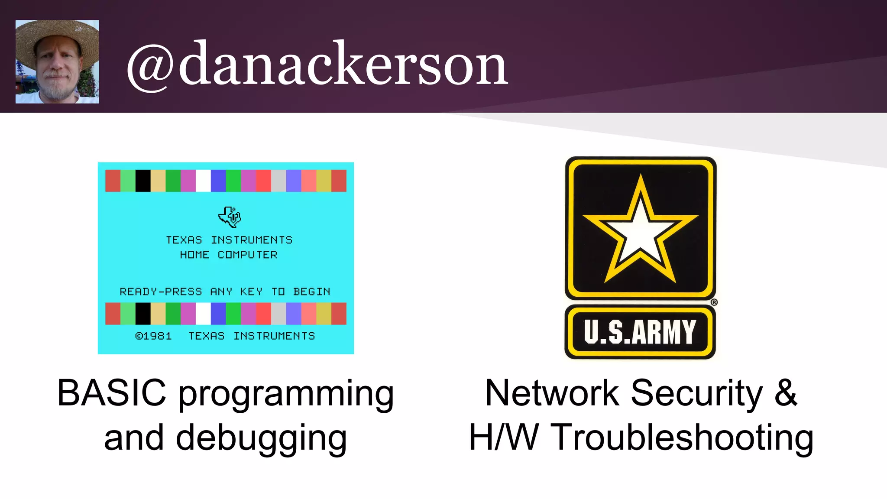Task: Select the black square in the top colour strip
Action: point(143,181)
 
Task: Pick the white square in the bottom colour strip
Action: point(203,314)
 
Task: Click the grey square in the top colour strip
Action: point(278,181)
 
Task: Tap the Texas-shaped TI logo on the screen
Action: point(230,216)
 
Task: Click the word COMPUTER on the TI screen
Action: point(247,255)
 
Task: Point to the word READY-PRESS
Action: point(161,292)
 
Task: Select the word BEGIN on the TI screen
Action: point(311,292)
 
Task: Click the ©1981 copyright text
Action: point(153,336)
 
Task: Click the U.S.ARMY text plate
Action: point(640,332)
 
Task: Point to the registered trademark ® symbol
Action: point(714,302)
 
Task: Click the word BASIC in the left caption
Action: point(112,393)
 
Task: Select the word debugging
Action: point(261,438)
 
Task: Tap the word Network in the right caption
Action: point(552,393)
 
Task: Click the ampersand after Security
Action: point(785,393)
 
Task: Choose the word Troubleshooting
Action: point(683,437)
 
